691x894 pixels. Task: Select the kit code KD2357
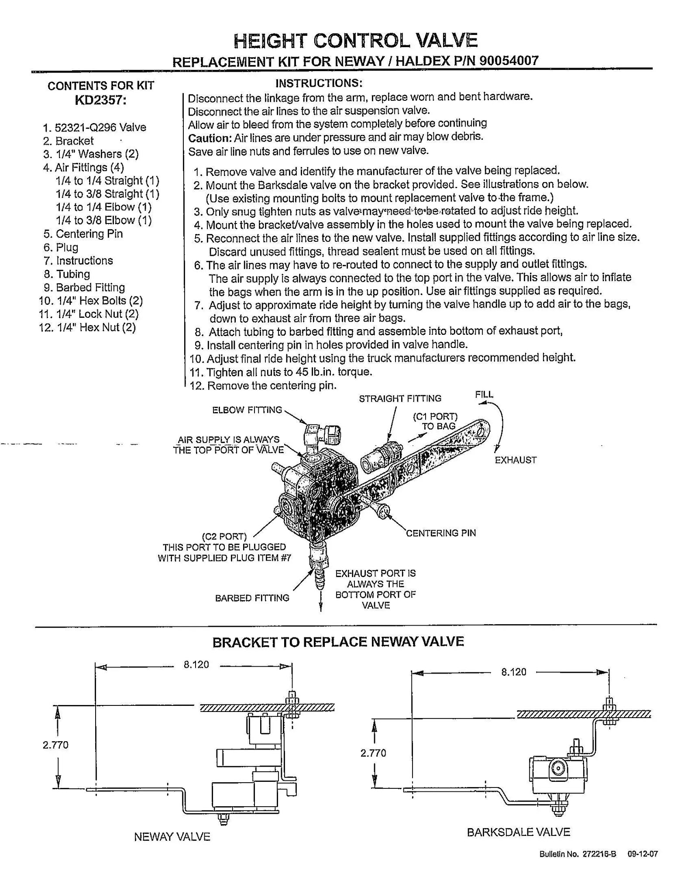point(100,100)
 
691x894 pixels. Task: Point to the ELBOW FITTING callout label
point(247,410)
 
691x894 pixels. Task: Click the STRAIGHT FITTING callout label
point(400,399)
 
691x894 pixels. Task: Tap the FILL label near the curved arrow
point(484,395)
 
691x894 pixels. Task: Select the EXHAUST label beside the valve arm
point(515,460)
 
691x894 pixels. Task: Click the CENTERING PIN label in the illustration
point(440,533)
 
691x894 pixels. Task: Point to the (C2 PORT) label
point(224,536)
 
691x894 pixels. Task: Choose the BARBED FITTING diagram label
point(252,598)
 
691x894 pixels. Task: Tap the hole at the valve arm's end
point(481,432)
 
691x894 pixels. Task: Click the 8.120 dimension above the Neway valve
point(196,664)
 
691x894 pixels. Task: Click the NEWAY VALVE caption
point(172,837)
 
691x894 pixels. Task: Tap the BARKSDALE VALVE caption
point(518,832)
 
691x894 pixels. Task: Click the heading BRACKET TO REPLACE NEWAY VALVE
point(337,642)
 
